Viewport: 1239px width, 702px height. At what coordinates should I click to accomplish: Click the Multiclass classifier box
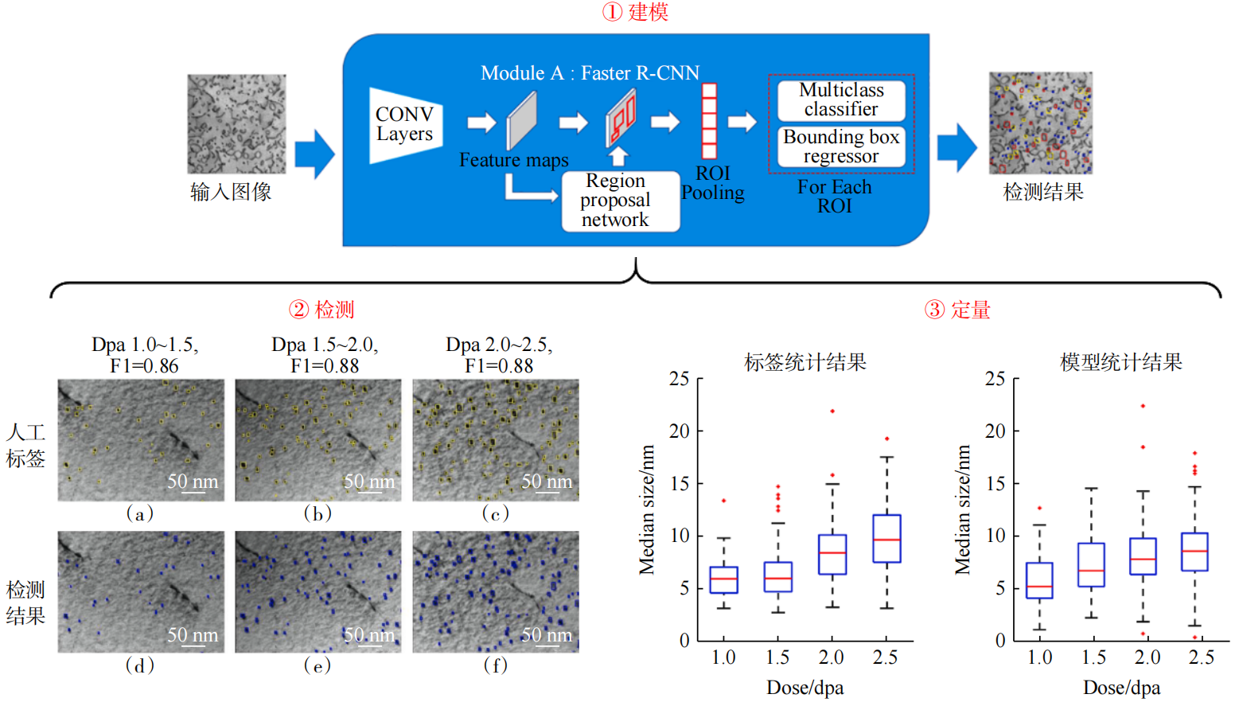click(841, 100)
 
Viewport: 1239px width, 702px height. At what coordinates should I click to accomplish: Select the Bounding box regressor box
click(841, 146)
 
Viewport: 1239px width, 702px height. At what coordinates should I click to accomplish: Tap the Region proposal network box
click(620, 201)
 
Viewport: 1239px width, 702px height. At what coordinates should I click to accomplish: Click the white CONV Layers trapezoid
click(405, 125)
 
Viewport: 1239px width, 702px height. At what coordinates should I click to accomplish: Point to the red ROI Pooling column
click(709, 121)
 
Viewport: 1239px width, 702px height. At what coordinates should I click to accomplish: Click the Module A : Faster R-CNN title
click(590, 73)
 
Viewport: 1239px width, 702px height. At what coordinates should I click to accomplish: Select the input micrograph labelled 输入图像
click(236, 124)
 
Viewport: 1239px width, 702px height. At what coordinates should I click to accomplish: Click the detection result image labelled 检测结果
click(1040, 123)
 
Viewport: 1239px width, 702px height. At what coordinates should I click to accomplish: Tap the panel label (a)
click(140, 513)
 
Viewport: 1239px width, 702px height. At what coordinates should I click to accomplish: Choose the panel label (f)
click(495, 665)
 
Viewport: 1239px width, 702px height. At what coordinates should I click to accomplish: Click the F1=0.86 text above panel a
click(144, 366)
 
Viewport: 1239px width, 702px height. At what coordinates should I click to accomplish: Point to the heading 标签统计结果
click(805, 363)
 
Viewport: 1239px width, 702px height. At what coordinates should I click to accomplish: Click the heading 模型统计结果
click(1120, 363)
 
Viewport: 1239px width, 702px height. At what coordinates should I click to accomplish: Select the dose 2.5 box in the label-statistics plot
click(886, 539)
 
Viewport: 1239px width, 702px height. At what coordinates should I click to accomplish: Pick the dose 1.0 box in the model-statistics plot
click(1039, 580)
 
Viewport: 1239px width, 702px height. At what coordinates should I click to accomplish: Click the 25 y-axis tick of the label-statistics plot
click(679, 379)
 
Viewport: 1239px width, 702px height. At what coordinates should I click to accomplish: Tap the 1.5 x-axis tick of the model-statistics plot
click(1093, 657)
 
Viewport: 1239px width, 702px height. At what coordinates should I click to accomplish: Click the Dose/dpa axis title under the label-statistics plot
click(805, 688)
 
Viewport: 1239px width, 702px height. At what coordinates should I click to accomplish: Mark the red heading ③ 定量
click(957, 310)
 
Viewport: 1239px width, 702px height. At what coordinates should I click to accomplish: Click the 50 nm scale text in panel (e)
click(369, 634)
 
